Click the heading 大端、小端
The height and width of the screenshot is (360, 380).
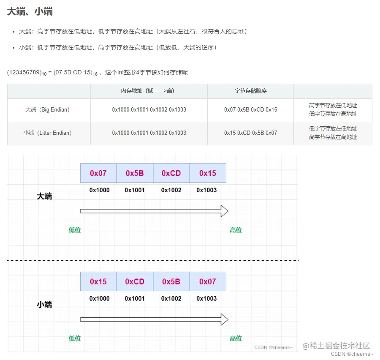pos(30,12)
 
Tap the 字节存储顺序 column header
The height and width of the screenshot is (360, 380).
pos(250,91)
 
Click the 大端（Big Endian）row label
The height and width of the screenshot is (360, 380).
pos(47,110)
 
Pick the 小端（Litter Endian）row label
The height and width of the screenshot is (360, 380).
pos(47,133)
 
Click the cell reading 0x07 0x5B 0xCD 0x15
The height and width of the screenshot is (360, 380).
pos(250,110)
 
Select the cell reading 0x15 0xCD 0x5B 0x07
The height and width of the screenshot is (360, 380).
pos(250,133)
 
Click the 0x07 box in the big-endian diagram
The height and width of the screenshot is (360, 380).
pos(98,173)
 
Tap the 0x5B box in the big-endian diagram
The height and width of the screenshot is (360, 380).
pos(135,173)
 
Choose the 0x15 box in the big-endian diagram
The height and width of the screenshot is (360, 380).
pos(207,173)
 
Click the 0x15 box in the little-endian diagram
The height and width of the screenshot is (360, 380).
pos(98,282)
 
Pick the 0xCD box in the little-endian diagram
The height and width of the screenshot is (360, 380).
pos(135,282)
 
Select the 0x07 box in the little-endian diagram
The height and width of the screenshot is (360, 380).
pos(207,282)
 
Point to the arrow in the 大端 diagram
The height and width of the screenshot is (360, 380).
pos(154,211)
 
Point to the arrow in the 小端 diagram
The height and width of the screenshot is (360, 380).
pos(154,319)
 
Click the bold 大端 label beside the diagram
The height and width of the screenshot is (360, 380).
pos(44,196)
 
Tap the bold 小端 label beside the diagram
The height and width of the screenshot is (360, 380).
pos(44,305)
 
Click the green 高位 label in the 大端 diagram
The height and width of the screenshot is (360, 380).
pos(236,230)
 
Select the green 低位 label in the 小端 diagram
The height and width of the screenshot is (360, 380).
pos(75,338)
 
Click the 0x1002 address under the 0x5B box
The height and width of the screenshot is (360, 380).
pos(171,299)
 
